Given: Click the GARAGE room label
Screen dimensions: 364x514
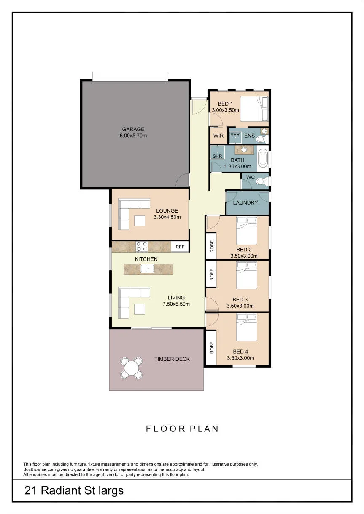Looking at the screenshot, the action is [x=133, y=129].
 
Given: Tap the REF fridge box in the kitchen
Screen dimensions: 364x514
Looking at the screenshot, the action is [x=180, y=247].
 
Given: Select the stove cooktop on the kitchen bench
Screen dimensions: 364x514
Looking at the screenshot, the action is [x=142, y=247].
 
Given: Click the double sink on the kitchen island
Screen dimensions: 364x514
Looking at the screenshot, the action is [x=147, y=269].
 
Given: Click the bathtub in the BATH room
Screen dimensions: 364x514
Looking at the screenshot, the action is [x=263, y=158].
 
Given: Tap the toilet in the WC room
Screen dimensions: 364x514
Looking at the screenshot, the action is [x=262, y=182].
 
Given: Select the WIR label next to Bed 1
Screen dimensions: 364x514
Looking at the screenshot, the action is [x=218, y=136].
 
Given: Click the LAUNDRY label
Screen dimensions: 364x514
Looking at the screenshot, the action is [x=245, y=202].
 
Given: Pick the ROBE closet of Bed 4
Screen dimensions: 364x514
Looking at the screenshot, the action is [x=211, y=347].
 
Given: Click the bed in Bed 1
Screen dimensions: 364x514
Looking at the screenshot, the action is [x=254, y=109].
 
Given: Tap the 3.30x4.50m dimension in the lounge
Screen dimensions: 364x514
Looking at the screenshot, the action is [x=167, y=217].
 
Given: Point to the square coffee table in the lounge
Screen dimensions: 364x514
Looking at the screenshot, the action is [x=140, y=221].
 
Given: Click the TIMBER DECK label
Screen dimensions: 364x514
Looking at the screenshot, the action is [x=172, y=359].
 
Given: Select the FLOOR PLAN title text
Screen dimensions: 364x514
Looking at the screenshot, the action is [x=182, y=429].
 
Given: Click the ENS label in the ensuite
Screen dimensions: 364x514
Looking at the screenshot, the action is [x=250, y=136].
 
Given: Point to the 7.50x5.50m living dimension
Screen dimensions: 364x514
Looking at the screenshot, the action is [x=176, y=304].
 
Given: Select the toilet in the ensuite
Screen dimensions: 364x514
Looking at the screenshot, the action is [x=262, y=139].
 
